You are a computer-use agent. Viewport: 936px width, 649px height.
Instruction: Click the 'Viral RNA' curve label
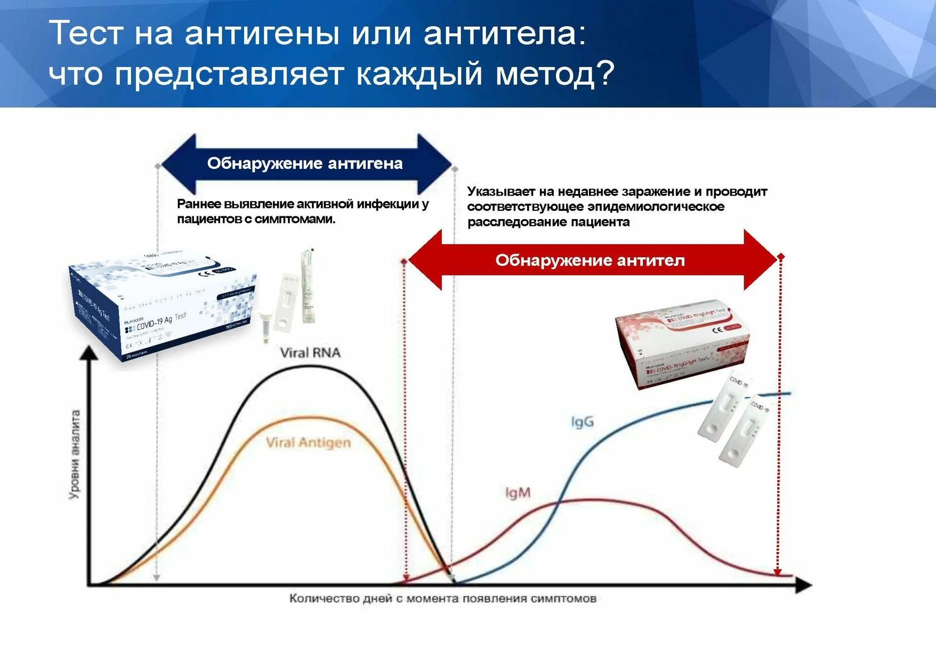point(310,352)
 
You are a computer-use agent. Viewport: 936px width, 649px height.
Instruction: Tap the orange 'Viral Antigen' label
point(308,443)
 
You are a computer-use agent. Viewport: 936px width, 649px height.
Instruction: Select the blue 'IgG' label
point(582,422)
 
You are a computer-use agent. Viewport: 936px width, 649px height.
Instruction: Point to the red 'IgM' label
point(518,493)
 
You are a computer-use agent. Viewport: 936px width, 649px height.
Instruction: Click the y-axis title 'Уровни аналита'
point(75,454)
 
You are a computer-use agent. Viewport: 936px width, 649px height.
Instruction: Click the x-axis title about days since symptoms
point(442,599)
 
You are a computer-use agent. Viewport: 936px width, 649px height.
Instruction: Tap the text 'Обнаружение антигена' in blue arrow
point(305,163)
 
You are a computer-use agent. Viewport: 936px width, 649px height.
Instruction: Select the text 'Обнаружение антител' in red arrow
point(590,260)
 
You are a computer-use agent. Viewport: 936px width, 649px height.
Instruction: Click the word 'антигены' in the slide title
point(262,33)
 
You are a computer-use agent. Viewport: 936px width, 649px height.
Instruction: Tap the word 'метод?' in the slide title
point(555,74)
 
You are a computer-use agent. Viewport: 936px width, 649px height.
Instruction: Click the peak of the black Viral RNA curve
point(309,367)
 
